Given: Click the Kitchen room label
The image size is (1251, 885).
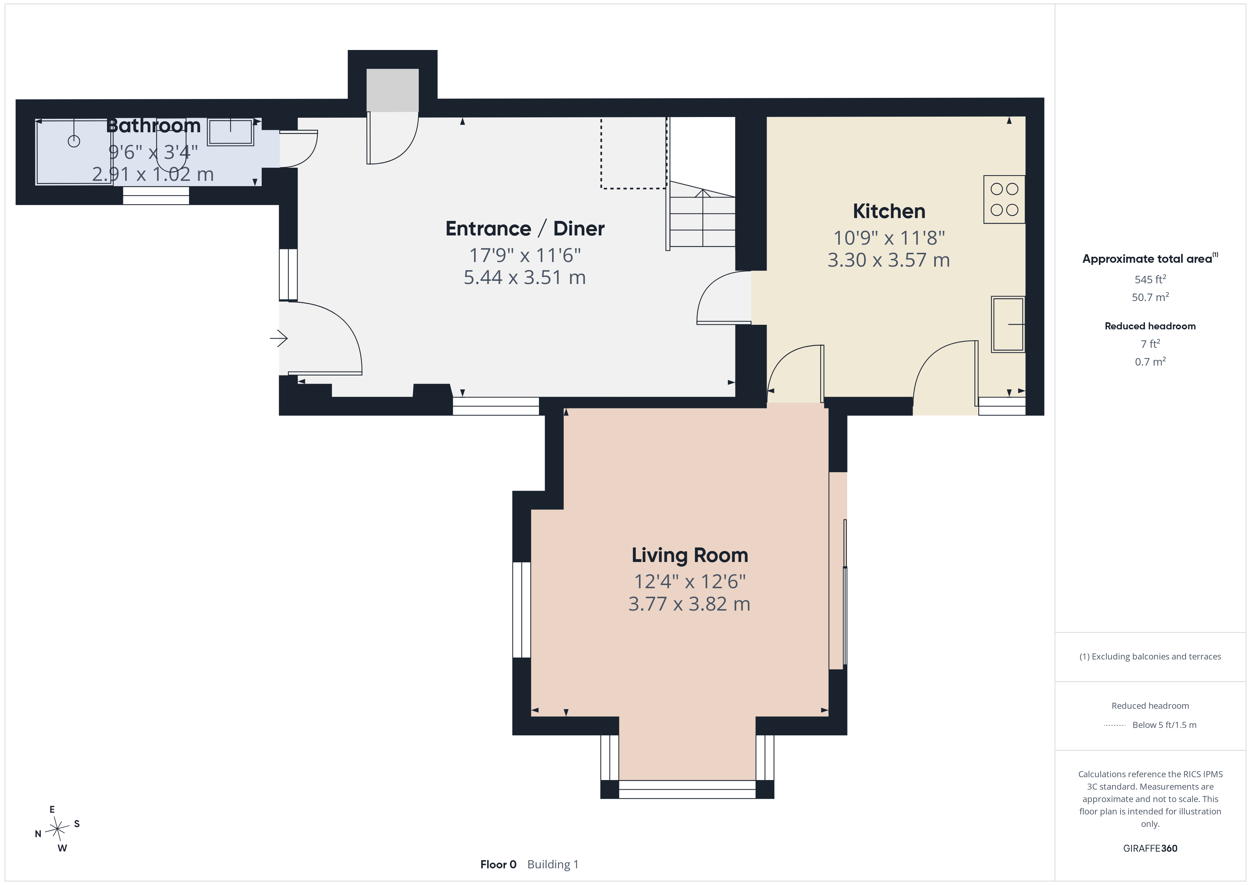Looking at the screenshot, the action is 889,211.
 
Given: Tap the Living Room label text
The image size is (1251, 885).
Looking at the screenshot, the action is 690,555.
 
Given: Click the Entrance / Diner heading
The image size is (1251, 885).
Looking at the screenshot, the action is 525,228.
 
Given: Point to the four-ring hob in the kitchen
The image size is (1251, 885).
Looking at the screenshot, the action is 1004,200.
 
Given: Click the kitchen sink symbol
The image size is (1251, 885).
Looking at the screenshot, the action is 1008,324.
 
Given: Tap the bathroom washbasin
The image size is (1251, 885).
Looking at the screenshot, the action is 230,132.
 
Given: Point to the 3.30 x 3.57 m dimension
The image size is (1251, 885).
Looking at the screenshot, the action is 889,260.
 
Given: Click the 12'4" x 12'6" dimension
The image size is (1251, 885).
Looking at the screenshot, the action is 690,581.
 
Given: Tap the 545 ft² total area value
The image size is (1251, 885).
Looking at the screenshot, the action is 1150,279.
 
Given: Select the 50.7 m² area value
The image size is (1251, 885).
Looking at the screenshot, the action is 1150,297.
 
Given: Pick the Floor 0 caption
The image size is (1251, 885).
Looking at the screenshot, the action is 498,864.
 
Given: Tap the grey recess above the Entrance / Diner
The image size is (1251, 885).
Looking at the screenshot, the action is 392,90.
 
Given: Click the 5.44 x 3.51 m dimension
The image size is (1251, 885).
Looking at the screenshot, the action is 525,277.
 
